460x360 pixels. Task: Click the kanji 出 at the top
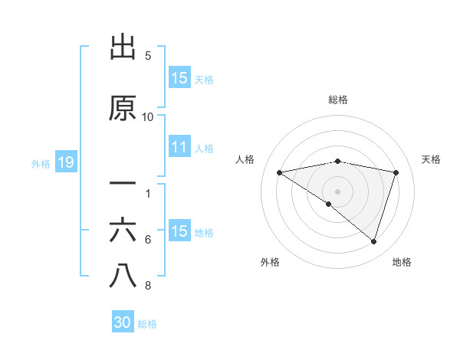123,47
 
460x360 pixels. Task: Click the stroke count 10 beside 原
148,116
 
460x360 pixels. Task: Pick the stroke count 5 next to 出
148,56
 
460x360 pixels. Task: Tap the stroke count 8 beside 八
148,286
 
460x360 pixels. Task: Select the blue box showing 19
65,162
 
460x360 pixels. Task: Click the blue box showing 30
123,323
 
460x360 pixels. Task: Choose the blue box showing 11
179,148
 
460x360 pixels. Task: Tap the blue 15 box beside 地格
179,232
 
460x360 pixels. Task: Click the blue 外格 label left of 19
41,163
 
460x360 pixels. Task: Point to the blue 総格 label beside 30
147,324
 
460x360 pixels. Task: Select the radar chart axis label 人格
245,159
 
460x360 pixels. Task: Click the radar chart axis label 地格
402,262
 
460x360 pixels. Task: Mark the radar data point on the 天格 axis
396,172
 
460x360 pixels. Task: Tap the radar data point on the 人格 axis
279,172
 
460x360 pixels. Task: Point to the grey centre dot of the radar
337,190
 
